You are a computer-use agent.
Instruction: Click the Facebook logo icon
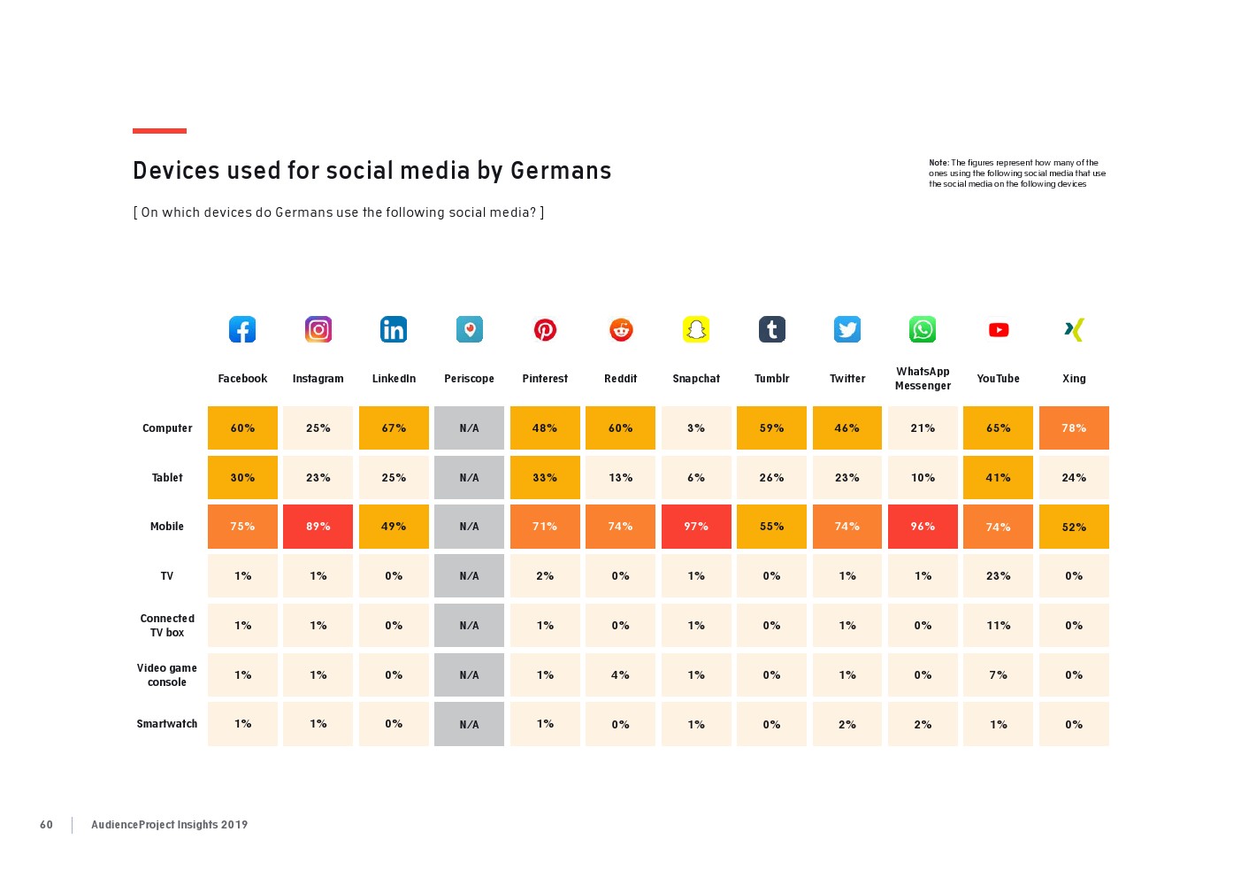(x=242, y=329)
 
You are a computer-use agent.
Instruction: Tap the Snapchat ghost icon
(x=696, y=329)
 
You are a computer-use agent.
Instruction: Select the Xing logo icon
(x=1074, y=329)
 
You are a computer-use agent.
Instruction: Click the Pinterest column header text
(x=545, y=379)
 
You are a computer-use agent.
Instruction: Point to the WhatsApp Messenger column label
(x=923, y=379)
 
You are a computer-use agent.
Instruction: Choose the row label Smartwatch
(x=167, y=724)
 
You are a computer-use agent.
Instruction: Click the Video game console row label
(x=167, y=675)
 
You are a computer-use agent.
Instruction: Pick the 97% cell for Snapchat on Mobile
(x=696, y=527)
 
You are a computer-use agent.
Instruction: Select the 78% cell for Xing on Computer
(x=1074, y=428)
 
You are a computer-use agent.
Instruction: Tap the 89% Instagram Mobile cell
(x=318, y=527)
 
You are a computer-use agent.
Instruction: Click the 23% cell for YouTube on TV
(x=999, y=576)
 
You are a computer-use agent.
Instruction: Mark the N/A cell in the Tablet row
(x=469, y=478)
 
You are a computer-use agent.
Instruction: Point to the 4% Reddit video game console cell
(x=621, y=675)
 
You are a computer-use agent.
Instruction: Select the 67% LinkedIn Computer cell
(x=394, y=428)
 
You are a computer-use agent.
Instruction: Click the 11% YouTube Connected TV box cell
(x=999, y=626)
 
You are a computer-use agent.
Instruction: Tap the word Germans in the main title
(x=561, y=171)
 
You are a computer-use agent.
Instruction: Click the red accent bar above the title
(x=159, y=131)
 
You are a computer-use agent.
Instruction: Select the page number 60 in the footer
(x=46, y=825)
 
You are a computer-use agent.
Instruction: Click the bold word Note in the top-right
(x=938, y=163)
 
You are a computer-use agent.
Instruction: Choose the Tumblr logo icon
(x=772, y=329)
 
